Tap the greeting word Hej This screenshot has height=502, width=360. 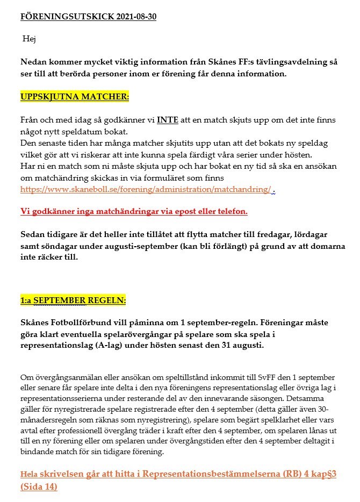[29, 39]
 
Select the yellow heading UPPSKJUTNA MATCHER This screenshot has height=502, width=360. [75, 97]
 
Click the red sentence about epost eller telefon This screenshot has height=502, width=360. [134, 211]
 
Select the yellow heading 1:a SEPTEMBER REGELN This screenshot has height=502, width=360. [73, 300]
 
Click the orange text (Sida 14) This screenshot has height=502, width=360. [39, 487]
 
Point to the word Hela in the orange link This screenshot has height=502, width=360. [29, 476]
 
